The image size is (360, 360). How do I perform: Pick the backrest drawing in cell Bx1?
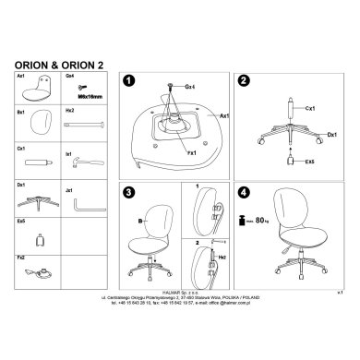point(40,123)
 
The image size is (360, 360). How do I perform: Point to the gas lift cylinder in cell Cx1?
point(40,162)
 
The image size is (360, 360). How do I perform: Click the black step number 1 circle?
point(130,81)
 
